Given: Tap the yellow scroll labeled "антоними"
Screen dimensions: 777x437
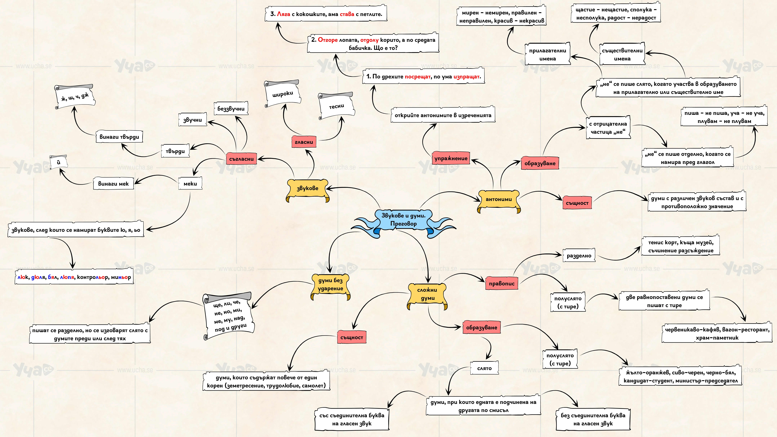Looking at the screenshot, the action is click(x=499, y=201).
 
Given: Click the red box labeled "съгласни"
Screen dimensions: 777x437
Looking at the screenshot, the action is click(x=241, y=159).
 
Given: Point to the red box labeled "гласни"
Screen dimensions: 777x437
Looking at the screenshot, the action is click(x=304, y=142).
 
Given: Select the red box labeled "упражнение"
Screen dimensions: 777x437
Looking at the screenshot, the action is click(x=451, y=158).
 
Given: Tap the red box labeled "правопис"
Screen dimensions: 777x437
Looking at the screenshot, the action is click(x=502, y=283).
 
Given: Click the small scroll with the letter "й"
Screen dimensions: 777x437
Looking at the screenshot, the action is click(x=59, y=162).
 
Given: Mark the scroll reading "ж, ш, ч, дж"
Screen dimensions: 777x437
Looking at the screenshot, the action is click(x=75, y=97).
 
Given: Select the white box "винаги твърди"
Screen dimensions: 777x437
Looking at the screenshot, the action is click(x=119, y=137).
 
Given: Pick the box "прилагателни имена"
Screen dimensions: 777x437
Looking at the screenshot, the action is click(x=547, y=54).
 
